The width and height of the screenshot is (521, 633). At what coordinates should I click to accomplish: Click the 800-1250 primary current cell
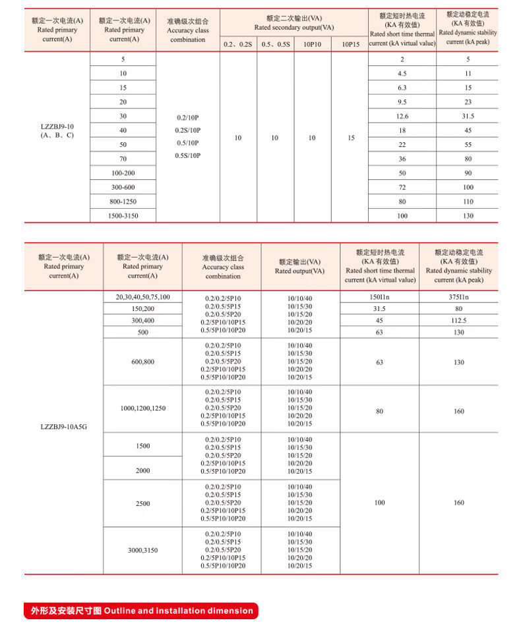click(x=123, y=201)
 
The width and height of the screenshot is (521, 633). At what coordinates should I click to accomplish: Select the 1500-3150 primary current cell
click(x=123, y=215)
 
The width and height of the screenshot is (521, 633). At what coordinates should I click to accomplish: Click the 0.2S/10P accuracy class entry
click(x=188, y=130)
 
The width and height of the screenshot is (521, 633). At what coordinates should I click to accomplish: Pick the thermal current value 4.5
click(x=402, y=73)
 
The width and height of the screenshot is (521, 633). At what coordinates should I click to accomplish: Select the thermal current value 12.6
click(x=402, y=116)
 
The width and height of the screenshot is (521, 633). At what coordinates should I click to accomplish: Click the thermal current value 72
click(x=402, y=187)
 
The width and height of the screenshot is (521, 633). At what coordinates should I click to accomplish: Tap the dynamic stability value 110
click(x=468, y=201)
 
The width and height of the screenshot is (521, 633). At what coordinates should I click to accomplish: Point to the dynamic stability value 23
click(x=468, y=101)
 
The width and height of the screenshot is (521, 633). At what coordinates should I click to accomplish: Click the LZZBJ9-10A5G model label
click(x=63, y=426)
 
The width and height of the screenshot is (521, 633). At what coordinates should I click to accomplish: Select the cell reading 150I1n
click(x=379, y=297)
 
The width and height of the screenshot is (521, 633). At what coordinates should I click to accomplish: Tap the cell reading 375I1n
click(x=468, y=297)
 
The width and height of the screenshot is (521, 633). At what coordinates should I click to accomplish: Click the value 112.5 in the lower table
click(x=468, y=321)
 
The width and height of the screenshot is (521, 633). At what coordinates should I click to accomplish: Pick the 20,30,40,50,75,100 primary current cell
click(x=143, y=297)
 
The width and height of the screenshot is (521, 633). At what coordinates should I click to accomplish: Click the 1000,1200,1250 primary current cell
click(x=143, y=408)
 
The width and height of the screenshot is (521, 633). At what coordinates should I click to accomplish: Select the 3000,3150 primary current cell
click(x=143, y=550)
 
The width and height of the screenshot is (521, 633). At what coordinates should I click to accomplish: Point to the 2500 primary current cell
click(x=143, y=503)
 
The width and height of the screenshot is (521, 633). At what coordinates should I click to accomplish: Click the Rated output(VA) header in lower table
click(x=300, y=266)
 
